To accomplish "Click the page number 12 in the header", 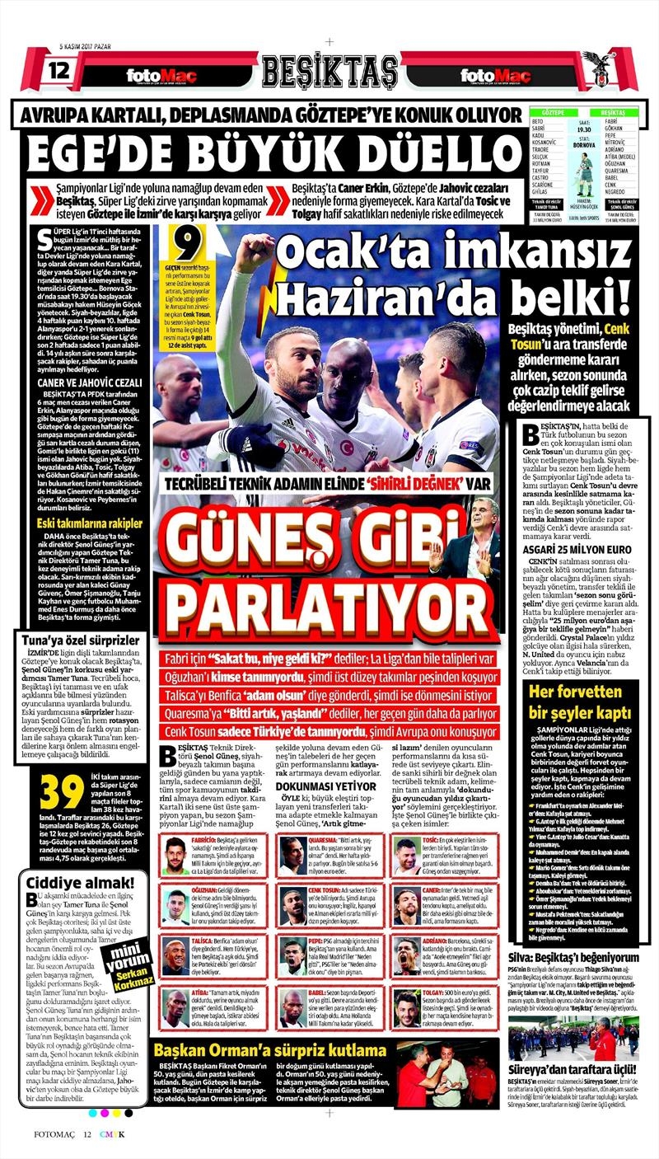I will [59, 70].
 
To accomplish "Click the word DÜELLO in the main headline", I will [436, 152].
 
